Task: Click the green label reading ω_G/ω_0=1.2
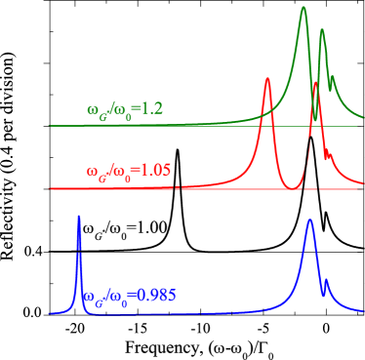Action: (123, 107)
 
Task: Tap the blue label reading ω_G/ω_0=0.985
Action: (130, 296)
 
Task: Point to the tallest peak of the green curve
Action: (304, 7)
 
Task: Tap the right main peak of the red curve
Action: (315, 83)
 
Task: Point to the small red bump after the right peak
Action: (328, 154)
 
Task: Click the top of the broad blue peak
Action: (309, 220)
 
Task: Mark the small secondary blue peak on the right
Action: (326, 281)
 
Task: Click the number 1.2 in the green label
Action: (150, 107)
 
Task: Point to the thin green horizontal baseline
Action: (195, 126)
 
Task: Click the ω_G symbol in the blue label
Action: (91, 298)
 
